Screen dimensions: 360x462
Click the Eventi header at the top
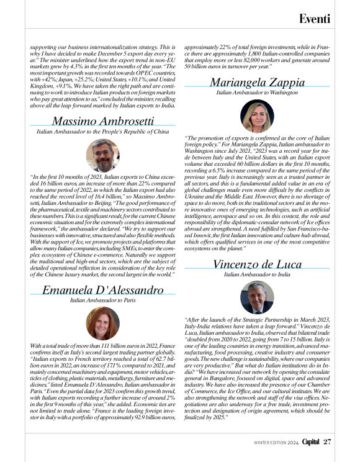pos(315,19)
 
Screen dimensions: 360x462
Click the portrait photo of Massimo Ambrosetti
pos(103,155)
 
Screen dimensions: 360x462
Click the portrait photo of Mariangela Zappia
pos(257,116)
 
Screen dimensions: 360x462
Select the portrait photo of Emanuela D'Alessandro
pos(103,324)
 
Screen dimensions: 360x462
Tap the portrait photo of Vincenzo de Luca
pos(257,297)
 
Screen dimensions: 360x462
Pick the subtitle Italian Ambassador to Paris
pos(103,300)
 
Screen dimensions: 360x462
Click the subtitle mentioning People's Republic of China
pos(103,132)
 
